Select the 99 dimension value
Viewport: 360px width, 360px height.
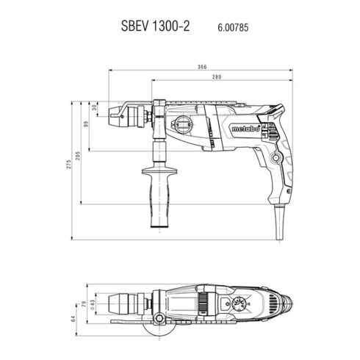pyautogui.click(x=86, y=126)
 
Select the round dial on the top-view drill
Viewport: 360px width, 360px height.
pyautogui.click(x=240, y=303)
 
